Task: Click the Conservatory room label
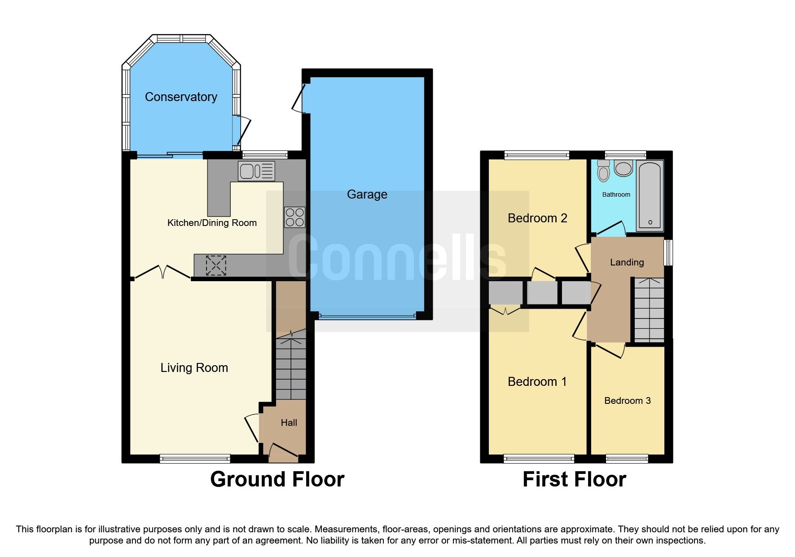(181, 97)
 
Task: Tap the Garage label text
(367, 194)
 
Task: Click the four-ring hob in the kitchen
(294, 217)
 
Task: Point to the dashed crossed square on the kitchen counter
(216, 265)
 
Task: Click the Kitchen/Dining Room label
(212, 223)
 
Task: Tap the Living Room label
(194, 367)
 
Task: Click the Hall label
(289, 423)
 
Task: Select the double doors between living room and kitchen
(163, 272)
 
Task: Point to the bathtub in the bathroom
(650, 195)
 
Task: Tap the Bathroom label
(616, 195)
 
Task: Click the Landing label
(627, 262)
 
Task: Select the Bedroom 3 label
(627, 401)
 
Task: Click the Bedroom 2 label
(537, 218)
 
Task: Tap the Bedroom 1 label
(537, 382)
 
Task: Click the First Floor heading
(574, 479)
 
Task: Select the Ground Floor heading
(277, 479)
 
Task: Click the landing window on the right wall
(668, 252)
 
